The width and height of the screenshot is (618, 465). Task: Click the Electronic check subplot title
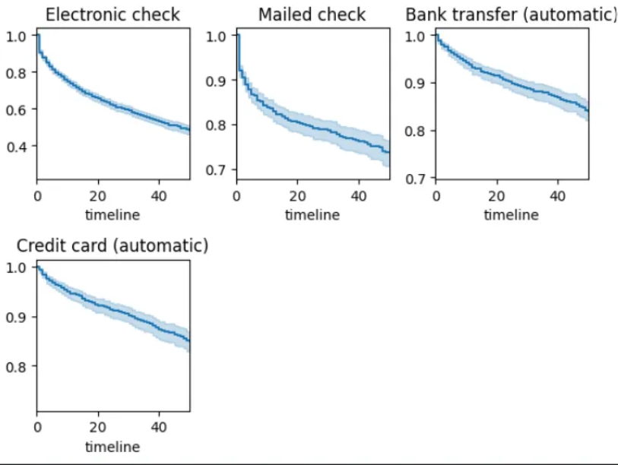[113, 14]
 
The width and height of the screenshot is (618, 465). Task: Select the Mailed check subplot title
[312, 14]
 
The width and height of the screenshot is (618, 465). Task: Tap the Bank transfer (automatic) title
[510, 14]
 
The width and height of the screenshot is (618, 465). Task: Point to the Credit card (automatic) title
[113, 245]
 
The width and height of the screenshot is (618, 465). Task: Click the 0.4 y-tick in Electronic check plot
[17, 146]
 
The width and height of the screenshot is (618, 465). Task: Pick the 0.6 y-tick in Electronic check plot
[17, 109]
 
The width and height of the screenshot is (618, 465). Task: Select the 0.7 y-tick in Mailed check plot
[217, 169]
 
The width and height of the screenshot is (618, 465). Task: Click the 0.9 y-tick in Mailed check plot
[217, 80]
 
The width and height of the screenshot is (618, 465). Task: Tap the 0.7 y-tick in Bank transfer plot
[416, 179]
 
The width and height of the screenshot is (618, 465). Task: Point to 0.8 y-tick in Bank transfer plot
[416, 131]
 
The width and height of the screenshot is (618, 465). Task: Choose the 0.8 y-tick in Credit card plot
[17, 366]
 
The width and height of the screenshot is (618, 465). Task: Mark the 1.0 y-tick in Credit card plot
[17, 267]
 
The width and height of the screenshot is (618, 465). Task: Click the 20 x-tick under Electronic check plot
[98, 195]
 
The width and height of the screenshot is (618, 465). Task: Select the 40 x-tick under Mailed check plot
[359, 195]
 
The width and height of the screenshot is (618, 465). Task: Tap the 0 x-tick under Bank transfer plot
[436, 195]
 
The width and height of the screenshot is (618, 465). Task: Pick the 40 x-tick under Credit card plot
[160, 427]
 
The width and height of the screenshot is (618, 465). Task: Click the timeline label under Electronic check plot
[113, 214]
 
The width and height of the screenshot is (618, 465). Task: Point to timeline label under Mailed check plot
[312, 214]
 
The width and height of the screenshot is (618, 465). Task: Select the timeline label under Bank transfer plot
[511, 214]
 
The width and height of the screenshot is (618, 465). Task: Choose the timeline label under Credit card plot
[113, 446]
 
